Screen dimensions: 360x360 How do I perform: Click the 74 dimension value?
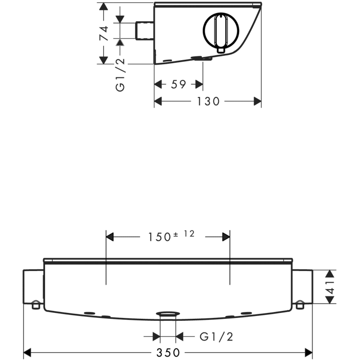coord(104,33)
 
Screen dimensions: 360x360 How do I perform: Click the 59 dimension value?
coord(178,84)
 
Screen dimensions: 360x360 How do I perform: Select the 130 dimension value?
coord(208,101)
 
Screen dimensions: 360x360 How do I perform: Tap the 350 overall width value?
coord(168,353)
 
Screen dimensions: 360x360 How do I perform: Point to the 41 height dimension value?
coord(330,287)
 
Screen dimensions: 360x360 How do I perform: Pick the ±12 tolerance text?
coord(184,234)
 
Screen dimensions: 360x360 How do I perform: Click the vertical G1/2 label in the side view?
coord(120,74)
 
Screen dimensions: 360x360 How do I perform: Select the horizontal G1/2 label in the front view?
coord(216,337)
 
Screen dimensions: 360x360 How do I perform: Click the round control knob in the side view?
coord(221,30)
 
